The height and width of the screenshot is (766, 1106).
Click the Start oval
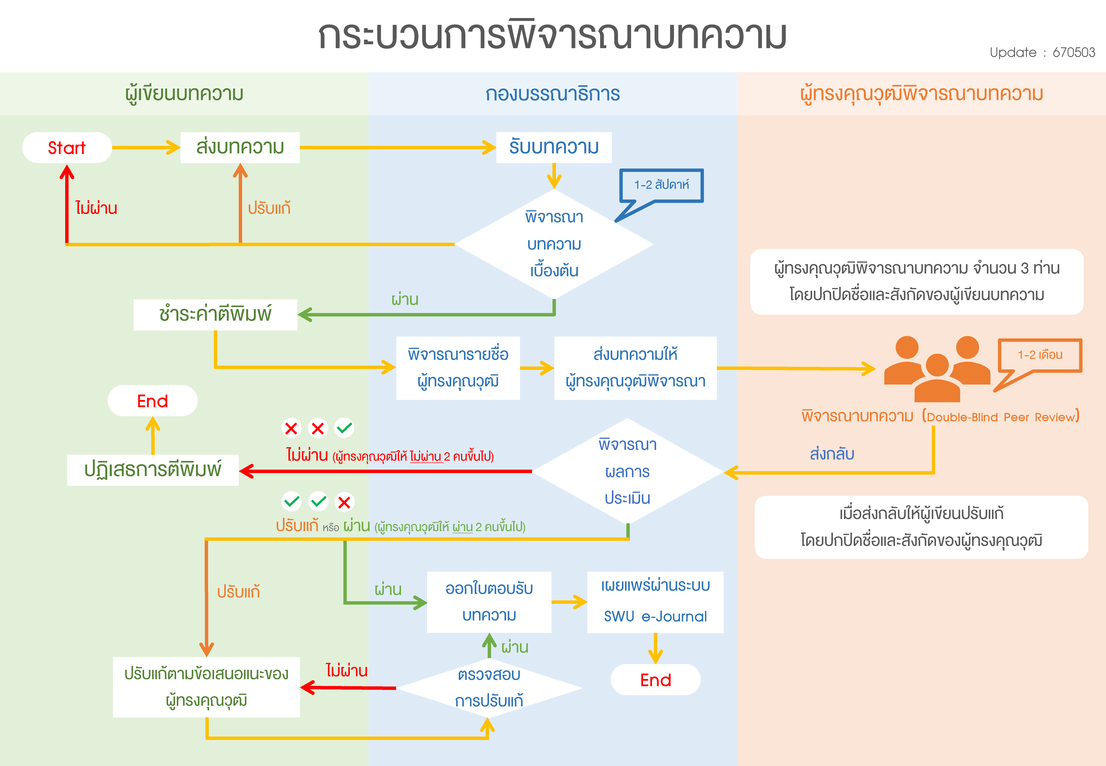pos(67,147)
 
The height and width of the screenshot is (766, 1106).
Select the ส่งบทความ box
pos(240,147)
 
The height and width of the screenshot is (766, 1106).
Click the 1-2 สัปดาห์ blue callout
pos(661,185)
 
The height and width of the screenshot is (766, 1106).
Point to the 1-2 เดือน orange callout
pos(1040,355)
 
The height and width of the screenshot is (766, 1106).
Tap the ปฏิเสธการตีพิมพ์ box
pos(152,470)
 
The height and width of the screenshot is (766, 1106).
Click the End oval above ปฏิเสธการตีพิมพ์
pos(152,401)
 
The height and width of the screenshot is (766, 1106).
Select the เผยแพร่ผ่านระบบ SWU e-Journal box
pos(655,602)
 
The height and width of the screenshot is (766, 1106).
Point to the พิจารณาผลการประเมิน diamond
pos(627,471)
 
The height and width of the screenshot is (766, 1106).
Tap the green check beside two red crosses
pos(344,428)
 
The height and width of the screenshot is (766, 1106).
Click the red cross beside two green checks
pos(344,502)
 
